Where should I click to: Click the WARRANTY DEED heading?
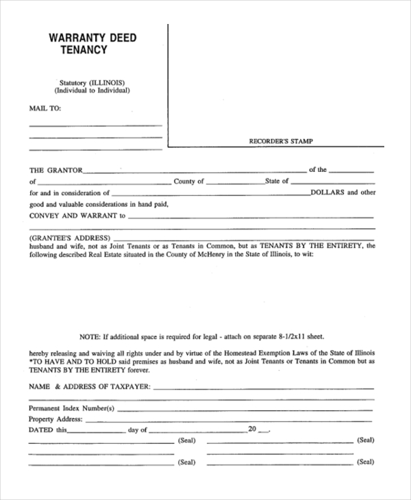tap(92, 38)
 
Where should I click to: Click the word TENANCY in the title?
tap(84, 51)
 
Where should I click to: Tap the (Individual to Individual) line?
tap(92, 90)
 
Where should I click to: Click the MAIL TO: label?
tap(45, 108)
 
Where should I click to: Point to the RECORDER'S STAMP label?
tap(280, 141)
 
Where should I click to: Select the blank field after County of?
tap(234, 182)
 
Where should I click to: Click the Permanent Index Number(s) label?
tap(72, 408)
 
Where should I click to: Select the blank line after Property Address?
tap(229, 419)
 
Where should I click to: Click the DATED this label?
tap(48, 430)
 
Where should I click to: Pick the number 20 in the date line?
tap(252, 429)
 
